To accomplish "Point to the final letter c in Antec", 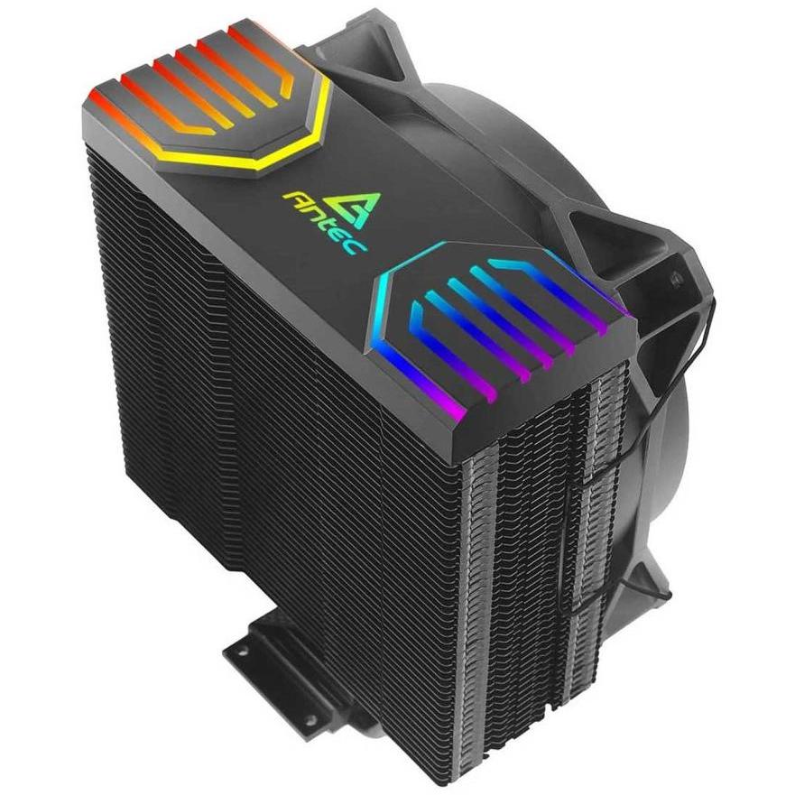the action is (359, 245).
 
